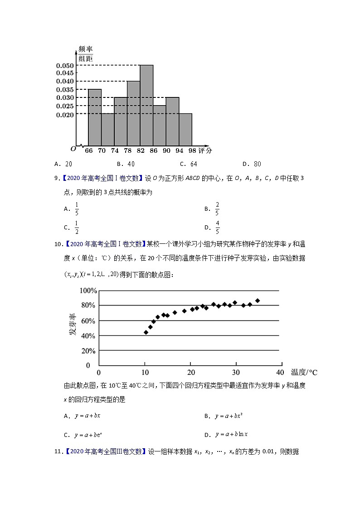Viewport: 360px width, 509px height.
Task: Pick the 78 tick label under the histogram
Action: pos(127,151)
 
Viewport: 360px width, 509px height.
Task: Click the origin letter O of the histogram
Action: pos(73,149)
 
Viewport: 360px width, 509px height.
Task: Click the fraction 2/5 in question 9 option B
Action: pos(217,208)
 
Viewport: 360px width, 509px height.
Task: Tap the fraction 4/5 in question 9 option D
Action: pos(217,228)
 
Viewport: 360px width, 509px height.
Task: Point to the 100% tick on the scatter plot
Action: pos(88,291)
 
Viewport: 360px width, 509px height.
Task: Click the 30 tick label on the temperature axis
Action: pos(236,373)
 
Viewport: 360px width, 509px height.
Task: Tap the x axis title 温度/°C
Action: pos(304,373)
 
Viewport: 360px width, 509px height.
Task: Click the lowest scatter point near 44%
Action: pos(146,332)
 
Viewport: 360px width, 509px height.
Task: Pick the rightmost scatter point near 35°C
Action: pos(258,301)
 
